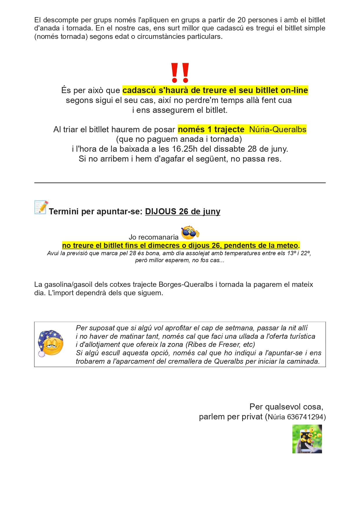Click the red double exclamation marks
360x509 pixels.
pos(180,73)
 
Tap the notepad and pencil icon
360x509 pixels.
pos(41,207)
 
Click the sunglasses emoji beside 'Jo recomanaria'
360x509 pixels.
pos(190,233)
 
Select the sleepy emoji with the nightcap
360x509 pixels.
pos(50,343)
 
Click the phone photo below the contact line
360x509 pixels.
pos(307,439)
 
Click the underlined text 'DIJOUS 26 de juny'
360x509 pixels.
pos(182,211)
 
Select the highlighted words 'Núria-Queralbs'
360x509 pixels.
pos(277,129)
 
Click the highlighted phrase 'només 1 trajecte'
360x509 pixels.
pos(211,129)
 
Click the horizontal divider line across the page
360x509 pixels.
pos(180,183)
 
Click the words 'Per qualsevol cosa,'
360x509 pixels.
pos(286,407)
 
